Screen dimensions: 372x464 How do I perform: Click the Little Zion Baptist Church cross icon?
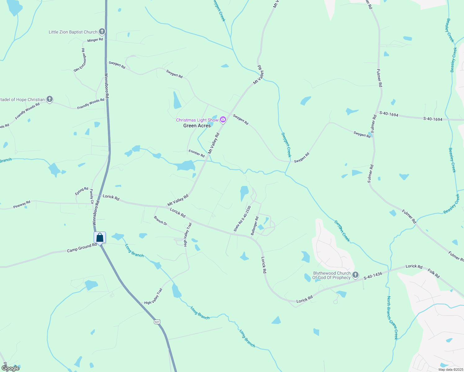click(102, 32)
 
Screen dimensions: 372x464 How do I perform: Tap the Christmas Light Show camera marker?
click(223, 120)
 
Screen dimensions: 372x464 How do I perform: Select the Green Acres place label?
click(197, 126)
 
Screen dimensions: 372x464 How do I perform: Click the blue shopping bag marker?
click(100, 238)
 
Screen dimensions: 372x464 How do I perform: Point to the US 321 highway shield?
click(157, 322)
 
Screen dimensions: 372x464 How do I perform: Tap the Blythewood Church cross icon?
click(355, 275)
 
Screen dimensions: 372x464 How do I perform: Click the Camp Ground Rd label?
click(82, 248)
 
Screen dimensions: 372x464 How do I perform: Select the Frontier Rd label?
click(197, 153)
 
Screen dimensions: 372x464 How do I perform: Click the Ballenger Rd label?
click(255, 226)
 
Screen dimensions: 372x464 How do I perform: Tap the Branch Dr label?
click(160, 221)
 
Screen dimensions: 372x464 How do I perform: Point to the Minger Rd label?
click(95, 40)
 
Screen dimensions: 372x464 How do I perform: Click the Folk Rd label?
click(434, 273)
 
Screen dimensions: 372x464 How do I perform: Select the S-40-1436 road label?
click(373, 276)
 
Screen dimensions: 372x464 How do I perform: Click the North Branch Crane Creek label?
click(392, 318)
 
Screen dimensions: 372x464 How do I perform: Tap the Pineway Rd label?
click(22, 205)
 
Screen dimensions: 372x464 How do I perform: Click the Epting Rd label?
click(82, 191)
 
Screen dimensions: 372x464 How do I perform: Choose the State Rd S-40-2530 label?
click(242, 219)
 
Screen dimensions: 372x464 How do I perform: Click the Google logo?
click(11, 368)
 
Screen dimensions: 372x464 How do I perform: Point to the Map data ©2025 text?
click(450, 370)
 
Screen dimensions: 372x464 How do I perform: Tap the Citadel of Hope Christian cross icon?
click(50, 99)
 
